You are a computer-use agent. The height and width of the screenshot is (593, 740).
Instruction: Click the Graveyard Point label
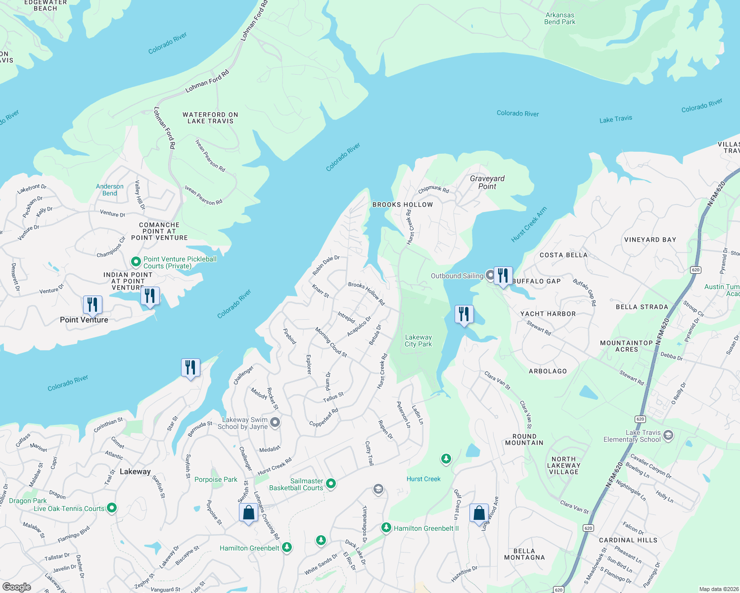point(487,182)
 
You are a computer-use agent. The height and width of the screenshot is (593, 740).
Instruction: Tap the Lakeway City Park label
point(418,340)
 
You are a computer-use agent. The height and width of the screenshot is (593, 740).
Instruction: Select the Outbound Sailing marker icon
point(490,275)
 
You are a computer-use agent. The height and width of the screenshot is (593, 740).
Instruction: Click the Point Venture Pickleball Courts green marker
point(136,262)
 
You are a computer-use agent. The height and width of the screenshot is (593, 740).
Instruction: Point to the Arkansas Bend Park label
point(559,19)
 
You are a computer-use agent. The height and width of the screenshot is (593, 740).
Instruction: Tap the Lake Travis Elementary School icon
point(668,435)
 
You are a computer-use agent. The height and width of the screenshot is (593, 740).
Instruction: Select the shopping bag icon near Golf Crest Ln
point(479,513)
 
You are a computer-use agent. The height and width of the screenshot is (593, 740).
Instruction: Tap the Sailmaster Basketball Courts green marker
point(331,484)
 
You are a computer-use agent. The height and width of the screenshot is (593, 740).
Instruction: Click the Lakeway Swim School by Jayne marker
point(276,423)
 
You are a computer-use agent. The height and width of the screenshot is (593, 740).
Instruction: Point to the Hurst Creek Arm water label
point(529,224)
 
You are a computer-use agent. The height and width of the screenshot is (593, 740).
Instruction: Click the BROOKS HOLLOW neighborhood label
point(403,205)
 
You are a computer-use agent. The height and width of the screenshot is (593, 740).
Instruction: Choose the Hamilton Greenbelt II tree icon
point(386,528)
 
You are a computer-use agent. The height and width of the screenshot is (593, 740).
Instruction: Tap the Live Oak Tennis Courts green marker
point(112,508)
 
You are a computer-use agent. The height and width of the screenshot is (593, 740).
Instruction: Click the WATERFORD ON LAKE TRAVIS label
point(210,118)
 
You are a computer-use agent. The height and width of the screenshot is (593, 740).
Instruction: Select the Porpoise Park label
point(216,479)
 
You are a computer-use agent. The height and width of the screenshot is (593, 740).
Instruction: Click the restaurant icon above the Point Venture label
point(92,305)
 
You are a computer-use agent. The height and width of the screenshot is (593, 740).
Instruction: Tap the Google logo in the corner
point(17,587)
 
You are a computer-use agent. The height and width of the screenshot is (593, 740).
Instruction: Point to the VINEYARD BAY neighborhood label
point(650,240)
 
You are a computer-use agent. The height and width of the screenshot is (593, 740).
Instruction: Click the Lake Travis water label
point(615,119)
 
